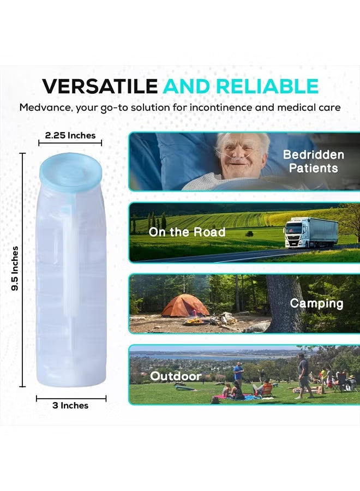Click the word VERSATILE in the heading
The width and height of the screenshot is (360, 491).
click(100, 86)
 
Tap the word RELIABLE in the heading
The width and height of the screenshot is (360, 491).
click(267, 86)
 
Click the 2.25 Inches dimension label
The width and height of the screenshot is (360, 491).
click(70, 135)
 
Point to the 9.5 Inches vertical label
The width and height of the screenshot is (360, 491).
click(15, 268)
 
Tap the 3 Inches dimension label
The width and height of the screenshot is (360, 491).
click(70, 405)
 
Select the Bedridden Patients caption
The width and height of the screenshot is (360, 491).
click(313, 161)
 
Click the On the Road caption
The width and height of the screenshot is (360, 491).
click(187, 232)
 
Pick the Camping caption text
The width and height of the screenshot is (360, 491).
click(316, 303)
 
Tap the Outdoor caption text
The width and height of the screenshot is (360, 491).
click(176, 376)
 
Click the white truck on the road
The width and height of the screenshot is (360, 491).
click(310, 232)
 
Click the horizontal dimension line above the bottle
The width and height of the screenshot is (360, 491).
click(70, 143)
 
